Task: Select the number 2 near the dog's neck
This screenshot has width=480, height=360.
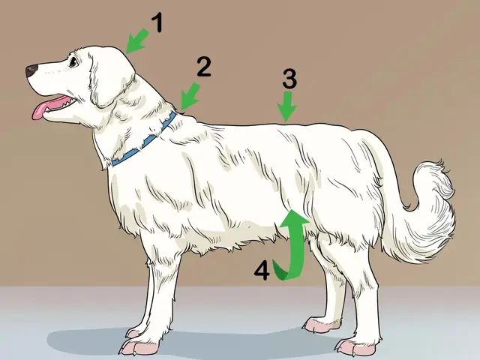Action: tap(202, 67)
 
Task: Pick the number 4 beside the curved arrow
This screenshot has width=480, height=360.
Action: tap(261, 270)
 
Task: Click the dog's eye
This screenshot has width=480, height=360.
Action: tap(73, 63)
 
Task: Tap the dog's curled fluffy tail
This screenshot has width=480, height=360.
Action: tap(427, 202)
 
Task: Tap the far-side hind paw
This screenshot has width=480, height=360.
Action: tap(319, 324)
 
